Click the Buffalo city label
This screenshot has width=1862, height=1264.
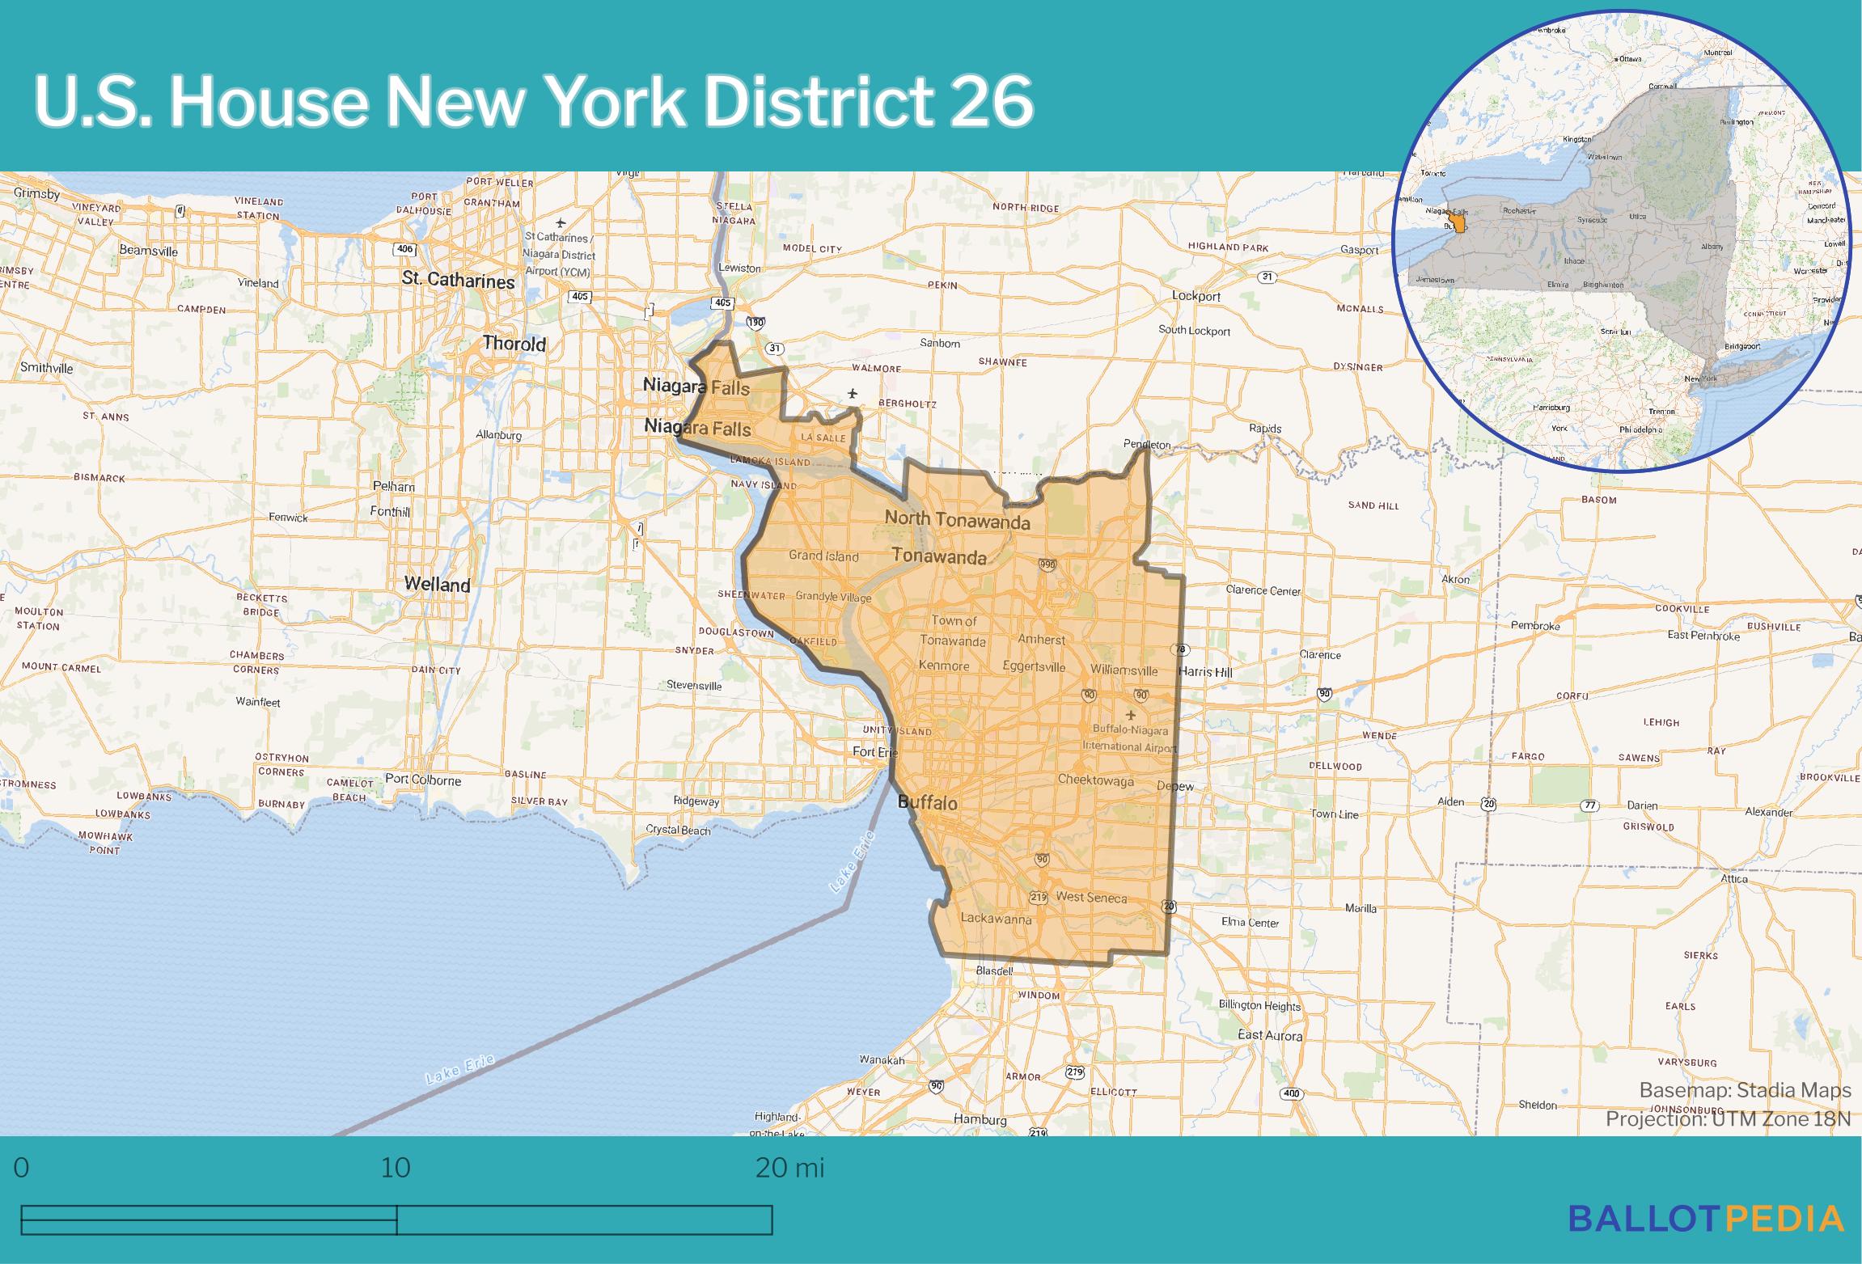coord(927,803)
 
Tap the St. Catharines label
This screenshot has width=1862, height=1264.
coord(458,281)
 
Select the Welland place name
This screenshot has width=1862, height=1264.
coord(437,584)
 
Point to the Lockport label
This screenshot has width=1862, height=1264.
coord(1196,296)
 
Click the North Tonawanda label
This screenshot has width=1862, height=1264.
coord(957,520)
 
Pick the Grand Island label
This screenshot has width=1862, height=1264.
coord(823,556)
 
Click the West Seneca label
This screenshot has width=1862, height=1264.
coord(1090,897)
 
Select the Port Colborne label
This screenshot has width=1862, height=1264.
coord(422,780)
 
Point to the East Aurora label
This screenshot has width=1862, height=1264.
coord(1270,1036)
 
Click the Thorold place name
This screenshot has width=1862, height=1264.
coord(514,344)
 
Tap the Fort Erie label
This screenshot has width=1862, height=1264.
coord(875,752)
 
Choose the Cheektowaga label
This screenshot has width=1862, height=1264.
coord(1096,780)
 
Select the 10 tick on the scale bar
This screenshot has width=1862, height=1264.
coord(396,1168)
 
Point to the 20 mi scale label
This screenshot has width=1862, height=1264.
coord(789,1168)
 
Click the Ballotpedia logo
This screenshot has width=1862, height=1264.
coord(1707,1219)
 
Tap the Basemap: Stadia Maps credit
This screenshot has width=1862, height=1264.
coord(1745,1090)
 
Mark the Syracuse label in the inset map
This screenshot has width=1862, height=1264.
coord(1592,219)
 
